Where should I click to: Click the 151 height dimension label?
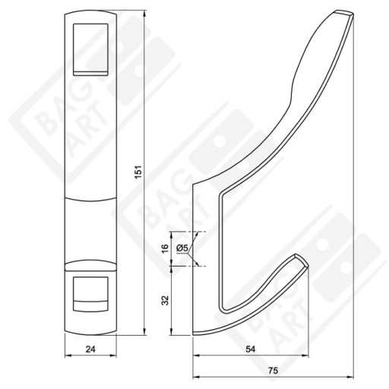138,172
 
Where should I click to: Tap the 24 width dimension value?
90,349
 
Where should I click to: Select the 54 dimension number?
251,349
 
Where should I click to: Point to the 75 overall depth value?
274,371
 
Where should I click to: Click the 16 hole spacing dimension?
165,248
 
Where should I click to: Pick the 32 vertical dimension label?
165,300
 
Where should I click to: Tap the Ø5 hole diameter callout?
182,248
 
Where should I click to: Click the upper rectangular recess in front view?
90,49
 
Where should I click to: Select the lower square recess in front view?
90,294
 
